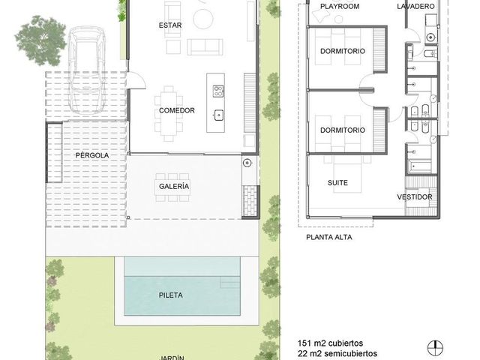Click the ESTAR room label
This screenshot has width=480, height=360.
click(170, 25)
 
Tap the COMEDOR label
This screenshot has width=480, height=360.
click(177, 110)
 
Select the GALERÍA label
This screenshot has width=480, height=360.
click(174, 186)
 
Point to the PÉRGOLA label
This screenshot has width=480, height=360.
click(92, 155)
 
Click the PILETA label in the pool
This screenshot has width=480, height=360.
click(171, 295)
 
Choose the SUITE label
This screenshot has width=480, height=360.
click(337, 183)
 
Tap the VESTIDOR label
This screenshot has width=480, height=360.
click(415, 197)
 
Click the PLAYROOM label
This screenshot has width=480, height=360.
click(340, 7)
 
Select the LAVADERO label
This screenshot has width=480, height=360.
click(415, 7)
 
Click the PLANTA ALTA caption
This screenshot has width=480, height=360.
click(329, 237)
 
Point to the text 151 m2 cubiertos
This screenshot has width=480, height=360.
click(330, 343)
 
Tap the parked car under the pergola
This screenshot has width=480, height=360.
click(87, 70)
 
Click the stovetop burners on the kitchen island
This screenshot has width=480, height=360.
click(218, 91)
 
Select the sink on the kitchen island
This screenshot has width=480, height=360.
click(218, 115)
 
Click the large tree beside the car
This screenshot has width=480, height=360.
click(40, 41)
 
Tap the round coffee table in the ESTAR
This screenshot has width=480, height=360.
click(203, 19)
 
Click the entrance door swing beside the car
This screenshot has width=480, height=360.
click(136, 80)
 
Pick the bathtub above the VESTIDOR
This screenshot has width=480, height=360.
click(419, 166)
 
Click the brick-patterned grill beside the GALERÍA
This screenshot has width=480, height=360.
click(250, 201)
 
